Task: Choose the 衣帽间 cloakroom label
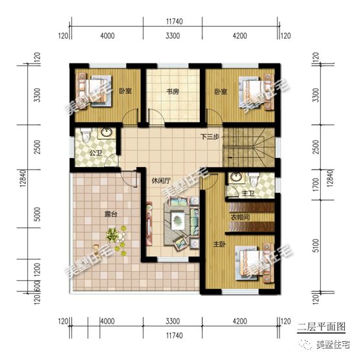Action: pos(241,218)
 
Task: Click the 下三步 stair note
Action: pos(209,137)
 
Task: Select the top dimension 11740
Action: pos(175,21)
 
